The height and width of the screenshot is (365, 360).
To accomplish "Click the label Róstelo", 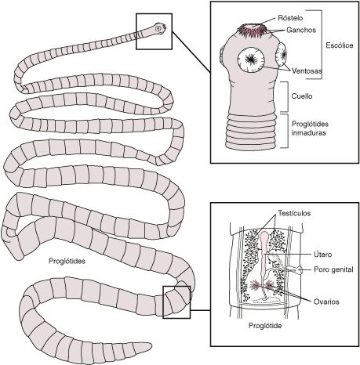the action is [x=290, y=18].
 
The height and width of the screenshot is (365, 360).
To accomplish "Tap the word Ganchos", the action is [x=301, y=30].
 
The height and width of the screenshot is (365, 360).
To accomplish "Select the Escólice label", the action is [x=340, y=45].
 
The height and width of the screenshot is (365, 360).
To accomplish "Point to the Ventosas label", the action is [x=307, y=70].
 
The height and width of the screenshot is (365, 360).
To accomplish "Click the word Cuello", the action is [x=302, y=96].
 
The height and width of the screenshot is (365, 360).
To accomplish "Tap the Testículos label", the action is [x=294, y=213].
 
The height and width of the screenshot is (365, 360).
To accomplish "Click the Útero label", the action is [x=322, y=255].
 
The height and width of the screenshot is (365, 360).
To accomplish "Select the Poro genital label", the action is [x=333, y=269].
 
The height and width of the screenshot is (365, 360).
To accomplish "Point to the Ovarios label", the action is [x=326, y=302].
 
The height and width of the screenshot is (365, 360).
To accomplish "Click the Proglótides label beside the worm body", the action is [x=67, y=261].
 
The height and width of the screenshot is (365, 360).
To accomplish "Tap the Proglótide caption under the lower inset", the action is [x=265, y=326].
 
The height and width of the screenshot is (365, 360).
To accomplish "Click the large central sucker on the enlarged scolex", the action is [x=251, y=60].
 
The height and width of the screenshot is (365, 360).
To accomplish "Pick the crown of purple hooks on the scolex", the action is [x=251, y=31].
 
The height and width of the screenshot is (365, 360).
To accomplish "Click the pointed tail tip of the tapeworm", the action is [x=151, y=346].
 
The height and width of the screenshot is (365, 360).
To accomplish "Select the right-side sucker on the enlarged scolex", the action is [x=282, y=55].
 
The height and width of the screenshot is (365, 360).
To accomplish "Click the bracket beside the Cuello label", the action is [x=288, y=96].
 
